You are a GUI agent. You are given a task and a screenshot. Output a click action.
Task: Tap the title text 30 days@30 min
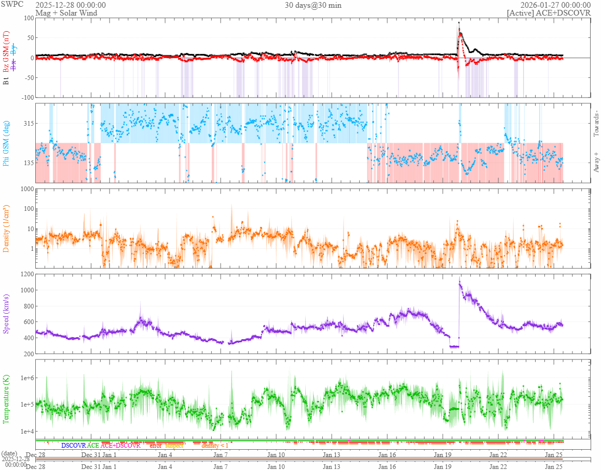[x=313, y=5]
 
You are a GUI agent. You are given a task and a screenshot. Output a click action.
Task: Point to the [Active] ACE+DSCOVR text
[x=549, y=13]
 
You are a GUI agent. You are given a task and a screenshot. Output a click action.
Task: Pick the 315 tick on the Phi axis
[x=27, y=123]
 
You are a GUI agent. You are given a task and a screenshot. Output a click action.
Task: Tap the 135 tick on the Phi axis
[x=27, y=163]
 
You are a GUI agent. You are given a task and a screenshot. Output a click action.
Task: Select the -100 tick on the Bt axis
[x=25, y=97]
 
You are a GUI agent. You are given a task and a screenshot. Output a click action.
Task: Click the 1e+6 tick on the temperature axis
[x=24, y=378]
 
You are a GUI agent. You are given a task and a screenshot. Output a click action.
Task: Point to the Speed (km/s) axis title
[x=7, y=314]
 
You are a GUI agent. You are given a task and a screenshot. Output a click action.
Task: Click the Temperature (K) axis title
[x=7, y=398]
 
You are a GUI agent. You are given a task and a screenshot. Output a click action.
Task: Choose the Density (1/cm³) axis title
[x=7, y=228]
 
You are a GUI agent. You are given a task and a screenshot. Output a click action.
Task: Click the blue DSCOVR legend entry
[x=73, y=445]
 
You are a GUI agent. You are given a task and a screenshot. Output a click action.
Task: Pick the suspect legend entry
[x=174, y=445]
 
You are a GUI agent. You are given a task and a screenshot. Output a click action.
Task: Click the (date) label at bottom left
[x=10, y=453]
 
